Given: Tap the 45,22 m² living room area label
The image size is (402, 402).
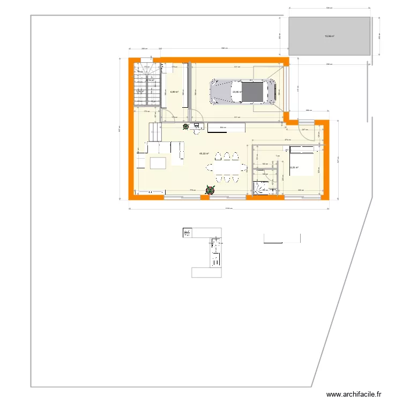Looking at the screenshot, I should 204,154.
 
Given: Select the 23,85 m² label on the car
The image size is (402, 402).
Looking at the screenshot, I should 237,92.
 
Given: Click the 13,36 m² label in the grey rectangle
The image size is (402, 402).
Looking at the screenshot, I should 329,36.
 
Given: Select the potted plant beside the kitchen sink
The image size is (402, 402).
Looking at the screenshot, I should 186,127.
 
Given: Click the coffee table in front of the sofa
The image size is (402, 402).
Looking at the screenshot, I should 158,162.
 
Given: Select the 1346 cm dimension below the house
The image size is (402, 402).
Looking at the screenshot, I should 229,209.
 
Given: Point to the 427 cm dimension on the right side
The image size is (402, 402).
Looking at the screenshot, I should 338,159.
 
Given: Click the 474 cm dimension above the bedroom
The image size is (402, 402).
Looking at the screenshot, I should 287,140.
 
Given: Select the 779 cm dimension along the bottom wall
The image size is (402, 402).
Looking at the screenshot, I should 191,190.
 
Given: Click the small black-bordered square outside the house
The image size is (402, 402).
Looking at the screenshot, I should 188,233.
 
